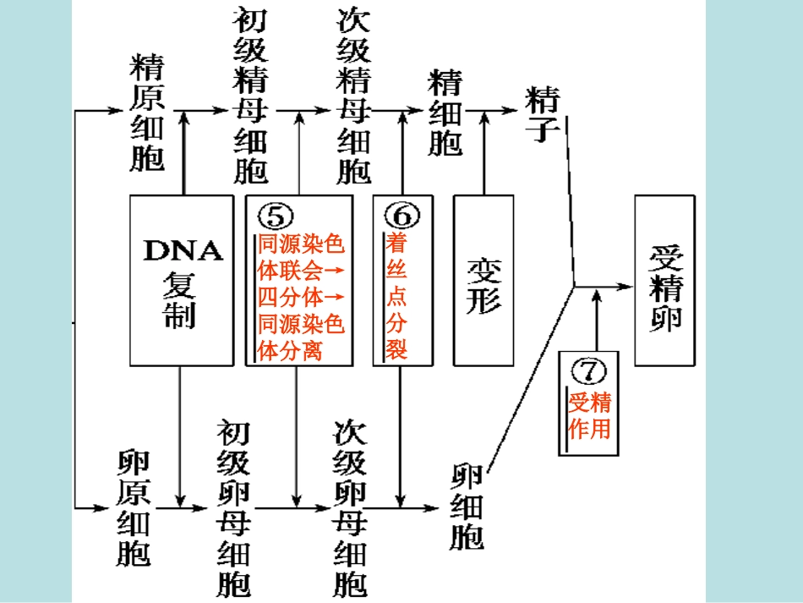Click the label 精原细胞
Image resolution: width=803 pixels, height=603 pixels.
click(x=147, y=114)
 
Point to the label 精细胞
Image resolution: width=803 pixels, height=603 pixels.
click(x=446, y=113)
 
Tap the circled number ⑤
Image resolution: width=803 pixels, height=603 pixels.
click(x=275, y=217)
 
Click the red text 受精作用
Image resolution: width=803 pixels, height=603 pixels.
click(x=589, y=415)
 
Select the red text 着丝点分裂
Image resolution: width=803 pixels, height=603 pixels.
click(x=396, y=296)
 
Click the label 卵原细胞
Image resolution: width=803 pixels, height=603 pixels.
click(x=134, y=507)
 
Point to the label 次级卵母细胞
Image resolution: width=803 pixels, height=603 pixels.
click(x=350, y=507)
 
